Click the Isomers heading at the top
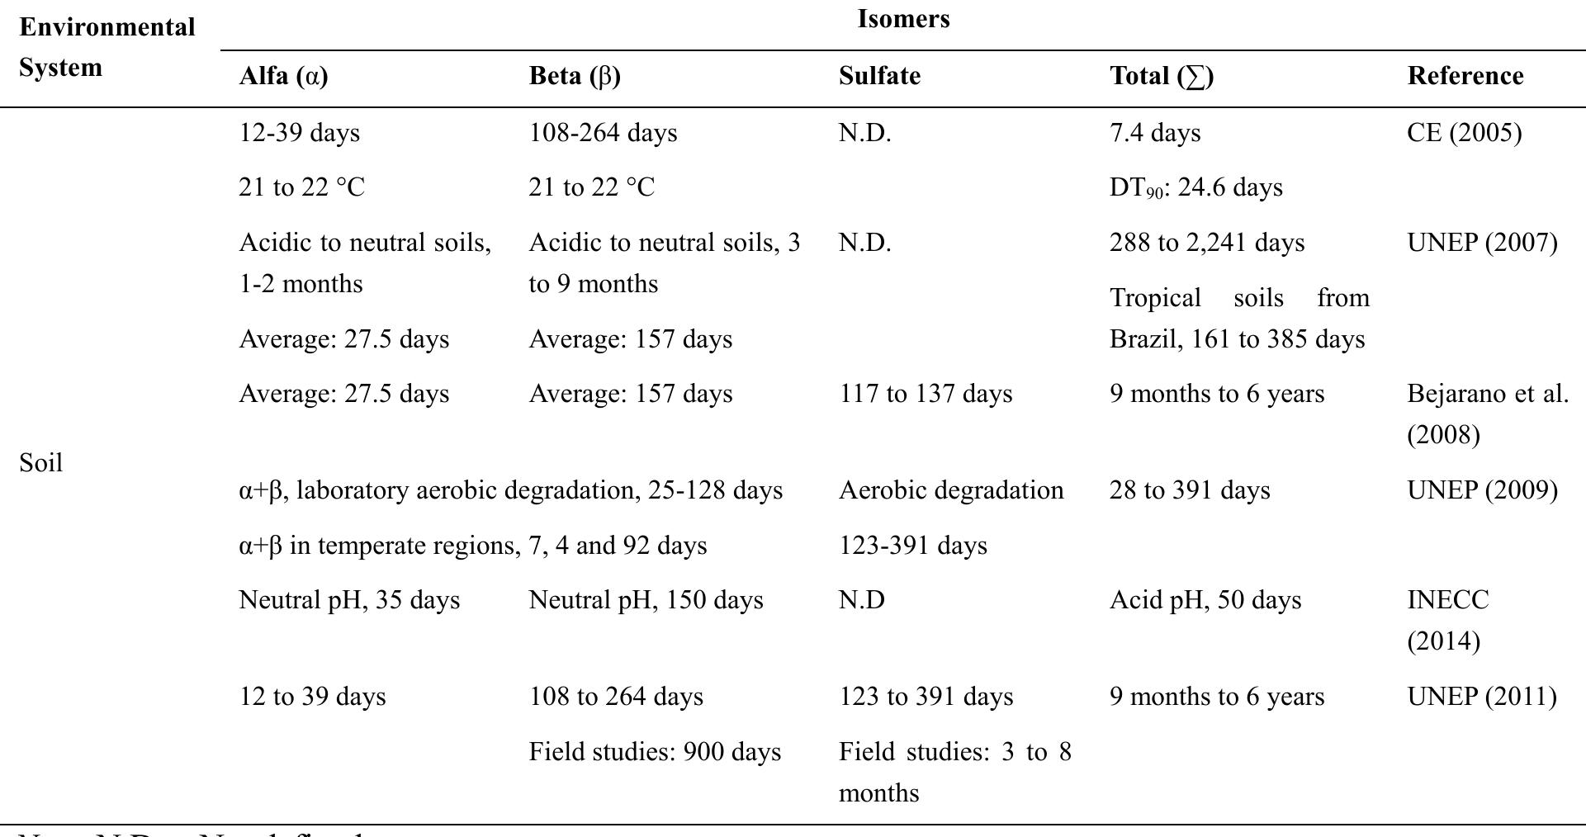coord(903,19)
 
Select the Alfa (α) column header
coord(283,76)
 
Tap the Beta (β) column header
coord(575,76)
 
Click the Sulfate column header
coord(879,76)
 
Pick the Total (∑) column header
coord(1162,76)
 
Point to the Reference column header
coord(1465,76)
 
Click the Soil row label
coord(40,463)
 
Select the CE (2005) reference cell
coord(1464,133)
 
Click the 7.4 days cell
coord(1154,133)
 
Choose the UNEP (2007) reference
coord(1482,243)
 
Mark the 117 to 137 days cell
coord(925,394)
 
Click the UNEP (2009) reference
coord(1482,490)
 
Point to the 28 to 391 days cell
coord(1189,490)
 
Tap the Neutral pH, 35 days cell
coord(348,600)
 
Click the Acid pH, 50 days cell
coord(1205,600)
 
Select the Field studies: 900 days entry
coord(654,752)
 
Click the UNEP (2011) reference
coord(1482,697)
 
